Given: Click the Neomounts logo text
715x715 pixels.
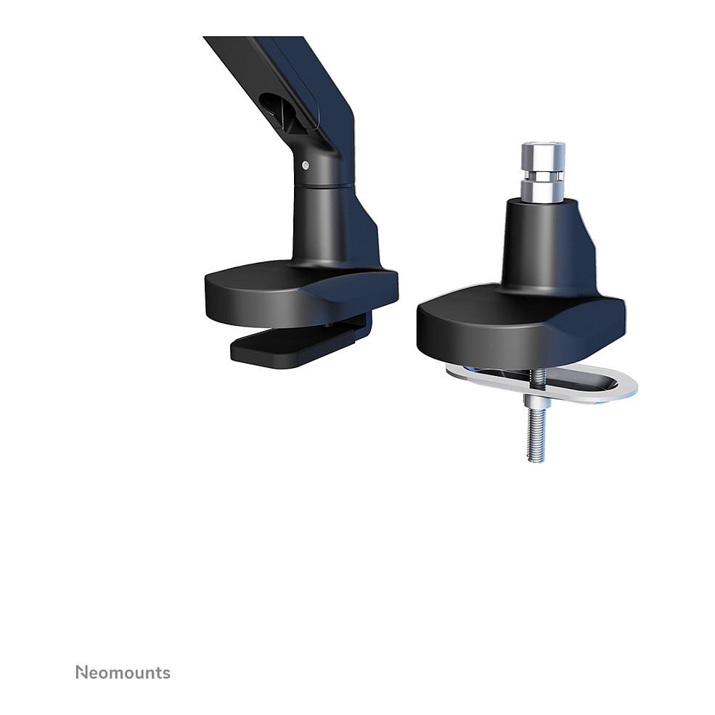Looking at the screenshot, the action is [x=123, y=673].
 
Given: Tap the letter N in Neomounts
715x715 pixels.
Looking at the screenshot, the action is [x=81, y=672].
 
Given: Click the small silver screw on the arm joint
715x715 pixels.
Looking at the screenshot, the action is [x=306, y=166].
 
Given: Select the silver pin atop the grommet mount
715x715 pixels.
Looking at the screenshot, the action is [x=544, y=172].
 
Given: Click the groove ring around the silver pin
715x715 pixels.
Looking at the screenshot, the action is [x=544, y=176].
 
